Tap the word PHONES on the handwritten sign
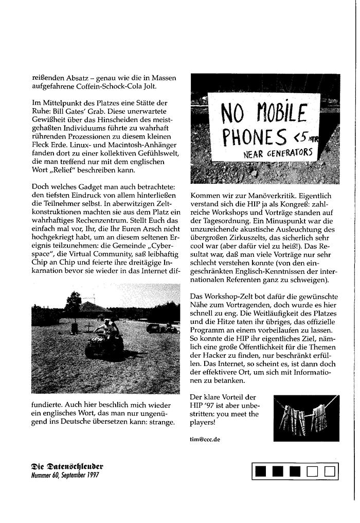pos(255,137)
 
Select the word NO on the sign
pos(232,114)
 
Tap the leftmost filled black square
pos(260,470)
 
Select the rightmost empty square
pos(330,470)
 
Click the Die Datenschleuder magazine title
pos(67,466)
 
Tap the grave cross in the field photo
pos(88,327)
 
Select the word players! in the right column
pos(203,423)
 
